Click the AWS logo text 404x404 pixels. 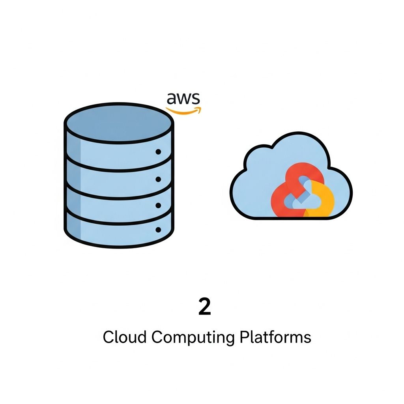183,98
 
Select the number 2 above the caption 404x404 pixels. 204,307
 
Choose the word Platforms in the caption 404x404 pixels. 275,337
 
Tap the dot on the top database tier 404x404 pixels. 159,151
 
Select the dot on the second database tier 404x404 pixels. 159,180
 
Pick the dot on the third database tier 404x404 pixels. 159,205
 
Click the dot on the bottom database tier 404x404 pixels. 159,229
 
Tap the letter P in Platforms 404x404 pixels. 244,337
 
